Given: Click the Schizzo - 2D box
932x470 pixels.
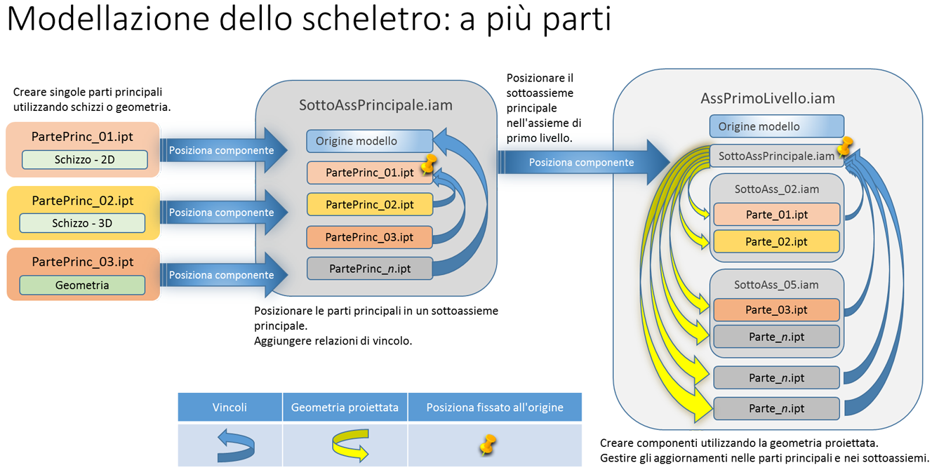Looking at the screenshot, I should coord(84,159).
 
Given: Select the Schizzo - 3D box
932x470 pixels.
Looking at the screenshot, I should coord(82,223).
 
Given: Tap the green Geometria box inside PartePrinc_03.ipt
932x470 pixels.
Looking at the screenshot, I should coord(82,285).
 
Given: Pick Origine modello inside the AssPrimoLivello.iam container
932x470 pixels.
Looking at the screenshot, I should coord(776,126).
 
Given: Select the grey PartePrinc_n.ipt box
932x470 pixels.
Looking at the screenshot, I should coord(369,268).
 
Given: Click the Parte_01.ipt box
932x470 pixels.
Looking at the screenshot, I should coord(776,215).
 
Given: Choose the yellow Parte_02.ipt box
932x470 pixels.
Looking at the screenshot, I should coord(776,241).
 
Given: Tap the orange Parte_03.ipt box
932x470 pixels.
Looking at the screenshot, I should coord(776,309).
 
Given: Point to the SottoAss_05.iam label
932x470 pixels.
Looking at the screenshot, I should coord(776,285).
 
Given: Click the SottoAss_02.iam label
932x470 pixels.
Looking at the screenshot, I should coord(776,189).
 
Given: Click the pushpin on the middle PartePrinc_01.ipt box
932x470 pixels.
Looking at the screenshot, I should coord(428,166).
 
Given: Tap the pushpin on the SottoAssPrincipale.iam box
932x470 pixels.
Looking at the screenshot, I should coord(845,147).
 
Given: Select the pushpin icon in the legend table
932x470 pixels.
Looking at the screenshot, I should coord(488,445).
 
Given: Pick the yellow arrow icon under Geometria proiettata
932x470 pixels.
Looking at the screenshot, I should coord(349,446).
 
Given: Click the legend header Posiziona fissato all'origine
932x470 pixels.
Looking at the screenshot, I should coord(495,407).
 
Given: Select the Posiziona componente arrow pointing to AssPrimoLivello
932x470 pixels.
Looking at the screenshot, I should coord(581,162).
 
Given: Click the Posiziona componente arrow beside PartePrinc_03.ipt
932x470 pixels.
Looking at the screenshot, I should coord(222,275).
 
